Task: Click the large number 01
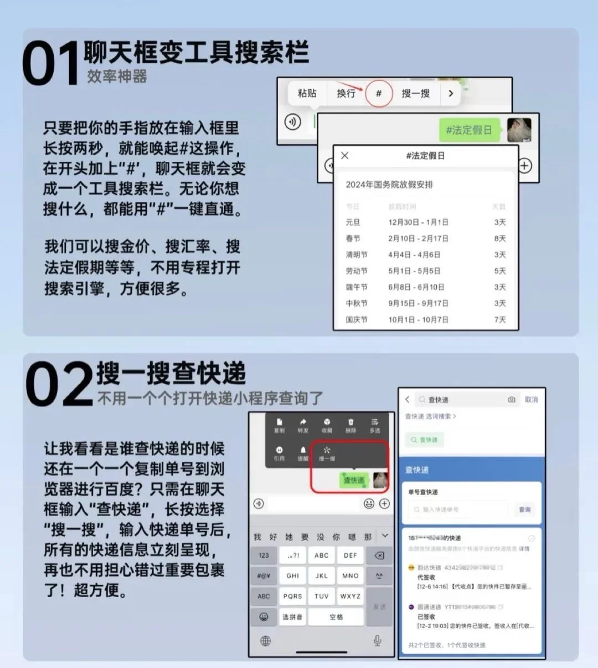[x=51, y=64]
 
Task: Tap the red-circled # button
[x=379, y=93]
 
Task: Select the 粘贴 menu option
[x=307, y=93]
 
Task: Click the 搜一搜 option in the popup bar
[x=415, y=93]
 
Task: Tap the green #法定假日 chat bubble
[x=469, y=130]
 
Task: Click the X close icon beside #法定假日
[x=345, y=156]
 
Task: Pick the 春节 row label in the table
[x=353, y=238]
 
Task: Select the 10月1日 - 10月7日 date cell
[x=418, y=320]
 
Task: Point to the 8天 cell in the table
[x=499, y=238]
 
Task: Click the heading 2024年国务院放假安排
[x=389, y=185]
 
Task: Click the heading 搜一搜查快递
[x=171, y=373]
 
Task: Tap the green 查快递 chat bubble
[x=354, y=480]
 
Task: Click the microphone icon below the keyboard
[x=377, y=641]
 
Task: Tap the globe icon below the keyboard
[x=266, y=641]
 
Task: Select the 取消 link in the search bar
[x=531, y=399]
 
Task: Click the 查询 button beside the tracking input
[x=524, y=509]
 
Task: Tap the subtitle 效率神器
[x=117, y=77]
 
